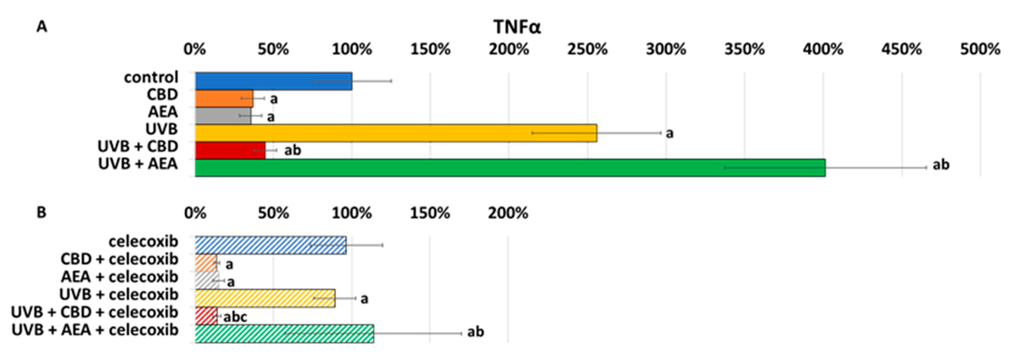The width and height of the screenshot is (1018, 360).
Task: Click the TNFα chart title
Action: point(517,27)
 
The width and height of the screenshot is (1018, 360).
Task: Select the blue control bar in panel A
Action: point(273,81)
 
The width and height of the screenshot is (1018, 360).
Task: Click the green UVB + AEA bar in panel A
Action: point(510,168)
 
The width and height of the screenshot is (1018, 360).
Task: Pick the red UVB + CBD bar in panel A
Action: point(230,151)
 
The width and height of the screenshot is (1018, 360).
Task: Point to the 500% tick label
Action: point(980,50)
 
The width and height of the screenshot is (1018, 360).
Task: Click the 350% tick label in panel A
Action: point(745,50)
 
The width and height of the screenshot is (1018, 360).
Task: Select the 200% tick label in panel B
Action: point(508,213)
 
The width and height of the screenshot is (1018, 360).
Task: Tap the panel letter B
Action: point(42,212)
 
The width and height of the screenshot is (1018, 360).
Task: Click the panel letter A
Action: point(42,27)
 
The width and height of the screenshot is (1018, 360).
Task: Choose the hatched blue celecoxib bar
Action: point(271,245)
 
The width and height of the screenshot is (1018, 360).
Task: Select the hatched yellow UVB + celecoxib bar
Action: point(265,298)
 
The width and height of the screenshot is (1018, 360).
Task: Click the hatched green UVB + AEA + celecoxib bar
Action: point(285,334)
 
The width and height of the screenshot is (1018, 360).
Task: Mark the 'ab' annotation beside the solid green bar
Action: point(941,165)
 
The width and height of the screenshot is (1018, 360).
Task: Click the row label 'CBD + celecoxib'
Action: point(119,259)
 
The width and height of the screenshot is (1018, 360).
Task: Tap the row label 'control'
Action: point(151,77)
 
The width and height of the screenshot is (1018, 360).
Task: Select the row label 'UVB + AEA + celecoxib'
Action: point(95,330)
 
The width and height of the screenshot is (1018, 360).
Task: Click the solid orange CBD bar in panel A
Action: point(224,98)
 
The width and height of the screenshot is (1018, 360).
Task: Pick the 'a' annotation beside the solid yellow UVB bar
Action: point(669,134)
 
